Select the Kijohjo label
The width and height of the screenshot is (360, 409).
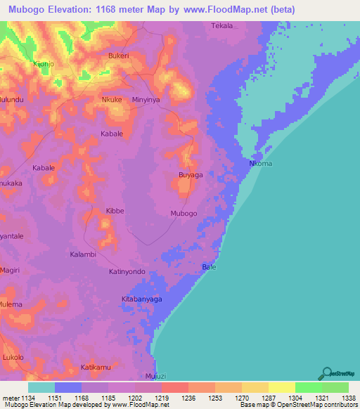(x=44, y=64)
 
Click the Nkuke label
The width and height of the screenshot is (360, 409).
(x=112, y=100)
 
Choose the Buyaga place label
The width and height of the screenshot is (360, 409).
(x=191, y=174)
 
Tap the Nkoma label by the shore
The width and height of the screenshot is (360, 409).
(x=260, y=164)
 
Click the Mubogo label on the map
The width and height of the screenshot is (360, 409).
(x=184, y=213)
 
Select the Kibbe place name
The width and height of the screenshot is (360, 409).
(x=115, y=211)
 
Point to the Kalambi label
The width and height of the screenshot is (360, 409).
(x=83, y=254)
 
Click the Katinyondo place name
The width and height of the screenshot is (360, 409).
(x=127, y=271)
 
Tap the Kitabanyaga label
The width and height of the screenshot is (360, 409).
(x=142, y=299)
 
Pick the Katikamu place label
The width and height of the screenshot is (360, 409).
(x=96, y=367)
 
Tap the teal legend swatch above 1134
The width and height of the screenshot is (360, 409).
(x=41, y=387)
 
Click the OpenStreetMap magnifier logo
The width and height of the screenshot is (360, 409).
(x=326, y=373)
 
